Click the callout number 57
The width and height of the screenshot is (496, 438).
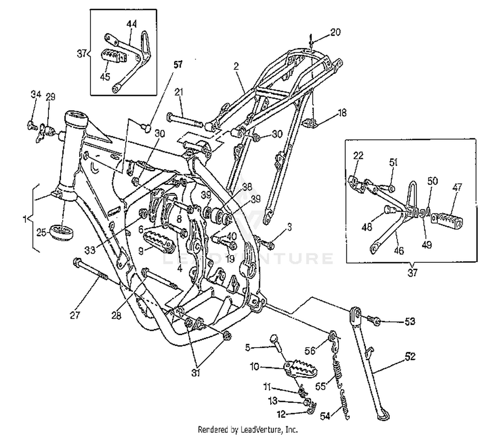click(178, 65)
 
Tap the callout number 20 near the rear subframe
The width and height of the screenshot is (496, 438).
click(335, 32)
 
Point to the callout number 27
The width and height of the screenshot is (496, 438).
click(75, 315)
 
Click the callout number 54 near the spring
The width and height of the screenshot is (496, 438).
click(325, 417)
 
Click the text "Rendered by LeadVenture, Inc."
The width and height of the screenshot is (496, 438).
click(248, 429)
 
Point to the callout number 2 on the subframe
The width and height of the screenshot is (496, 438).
click(236, 66)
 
